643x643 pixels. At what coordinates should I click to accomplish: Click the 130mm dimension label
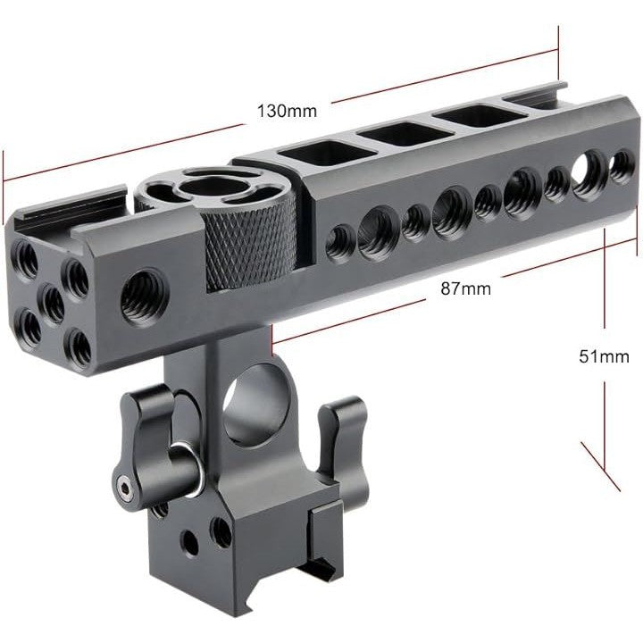coord(287,111)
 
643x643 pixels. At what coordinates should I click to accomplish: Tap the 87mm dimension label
coord(465,288)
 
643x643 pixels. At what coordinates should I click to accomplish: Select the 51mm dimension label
coord(604,356)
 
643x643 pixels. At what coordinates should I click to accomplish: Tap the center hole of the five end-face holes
coord(53,303)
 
